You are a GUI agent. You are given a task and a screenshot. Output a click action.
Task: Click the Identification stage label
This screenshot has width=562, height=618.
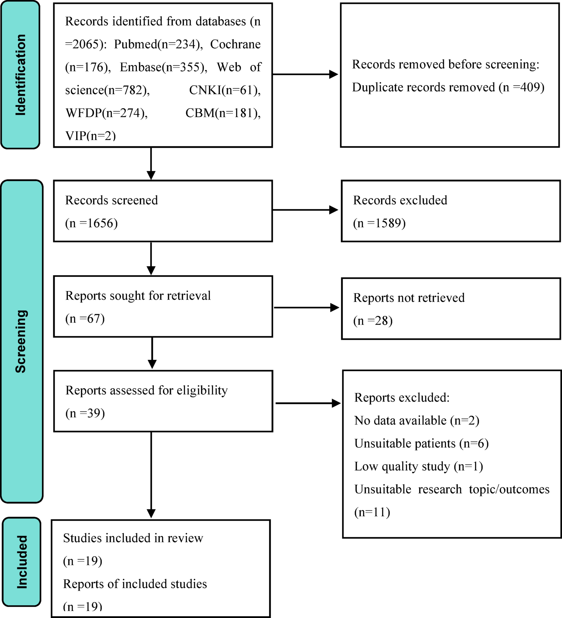click(x=20, y=75)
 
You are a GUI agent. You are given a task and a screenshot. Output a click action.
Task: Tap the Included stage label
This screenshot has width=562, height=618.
click(x=22, y=562)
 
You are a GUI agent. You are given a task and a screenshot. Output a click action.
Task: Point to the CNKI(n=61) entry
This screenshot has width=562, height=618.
click(x=225, y=90)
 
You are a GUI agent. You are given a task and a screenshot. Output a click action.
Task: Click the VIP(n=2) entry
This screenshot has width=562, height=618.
click(x=91, y=136)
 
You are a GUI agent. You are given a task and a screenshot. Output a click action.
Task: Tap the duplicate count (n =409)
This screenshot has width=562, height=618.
click(x=521, y=87)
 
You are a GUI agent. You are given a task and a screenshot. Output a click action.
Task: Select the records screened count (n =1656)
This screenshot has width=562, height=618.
click(x=91, y=223)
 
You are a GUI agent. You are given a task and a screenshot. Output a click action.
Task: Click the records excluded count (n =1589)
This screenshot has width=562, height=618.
click(x=379, y=223)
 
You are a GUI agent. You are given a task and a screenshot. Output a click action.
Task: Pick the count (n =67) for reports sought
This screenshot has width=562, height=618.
click(x=85, y=319)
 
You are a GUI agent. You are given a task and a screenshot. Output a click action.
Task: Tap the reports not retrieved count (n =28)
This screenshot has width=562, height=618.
click(x=373, y=321)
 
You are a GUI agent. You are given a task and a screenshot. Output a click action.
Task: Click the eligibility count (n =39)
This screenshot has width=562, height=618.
click(x=85, y=413)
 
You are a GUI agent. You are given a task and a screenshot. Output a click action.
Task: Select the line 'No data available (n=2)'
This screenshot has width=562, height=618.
click(x=416, y=421)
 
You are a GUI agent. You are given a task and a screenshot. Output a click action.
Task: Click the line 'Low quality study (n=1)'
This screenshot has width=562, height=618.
click(x=418, y=466)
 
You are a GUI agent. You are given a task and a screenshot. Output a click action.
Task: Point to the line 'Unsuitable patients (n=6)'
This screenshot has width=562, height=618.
click(x=421, y=443)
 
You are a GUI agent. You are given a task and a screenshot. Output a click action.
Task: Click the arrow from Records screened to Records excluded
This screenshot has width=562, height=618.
click(x=305, y=210)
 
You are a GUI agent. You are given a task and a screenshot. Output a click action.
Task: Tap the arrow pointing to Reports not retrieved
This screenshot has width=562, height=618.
click(x=306, y=308)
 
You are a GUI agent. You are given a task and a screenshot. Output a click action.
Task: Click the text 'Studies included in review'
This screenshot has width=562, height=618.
click(x=133, y=538)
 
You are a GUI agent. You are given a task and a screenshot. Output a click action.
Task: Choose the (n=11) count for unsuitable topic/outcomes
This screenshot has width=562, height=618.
click(x=372, y=512)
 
